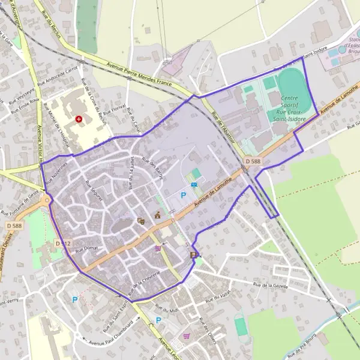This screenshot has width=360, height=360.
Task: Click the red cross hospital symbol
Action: tap(79, 119)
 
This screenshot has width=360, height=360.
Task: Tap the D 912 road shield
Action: tap(62, 244)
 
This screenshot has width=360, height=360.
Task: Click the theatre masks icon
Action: tap(141, 221)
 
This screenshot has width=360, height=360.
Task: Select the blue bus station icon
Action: tap(194, 185)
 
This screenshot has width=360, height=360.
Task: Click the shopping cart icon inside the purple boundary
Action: tap(158, 247)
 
